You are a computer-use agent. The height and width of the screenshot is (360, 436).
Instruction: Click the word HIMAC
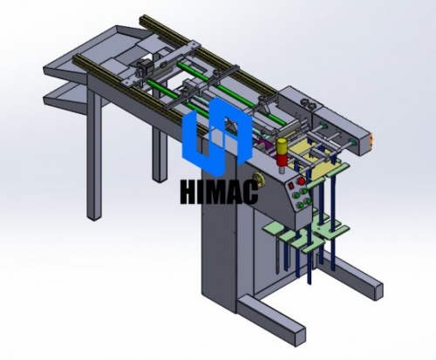(219, 192)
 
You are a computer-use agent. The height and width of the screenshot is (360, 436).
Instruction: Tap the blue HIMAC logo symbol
(216, 137)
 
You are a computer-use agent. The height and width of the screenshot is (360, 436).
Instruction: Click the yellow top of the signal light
(282, 145)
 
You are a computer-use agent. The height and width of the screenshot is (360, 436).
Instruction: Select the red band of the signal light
(282, 160)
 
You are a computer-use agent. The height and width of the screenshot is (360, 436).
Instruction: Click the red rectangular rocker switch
(290, 186)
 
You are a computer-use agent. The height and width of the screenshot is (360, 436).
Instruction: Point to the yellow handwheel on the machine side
(257, 179)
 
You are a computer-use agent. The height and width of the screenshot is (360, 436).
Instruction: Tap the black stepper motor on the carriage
(141, 68)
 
